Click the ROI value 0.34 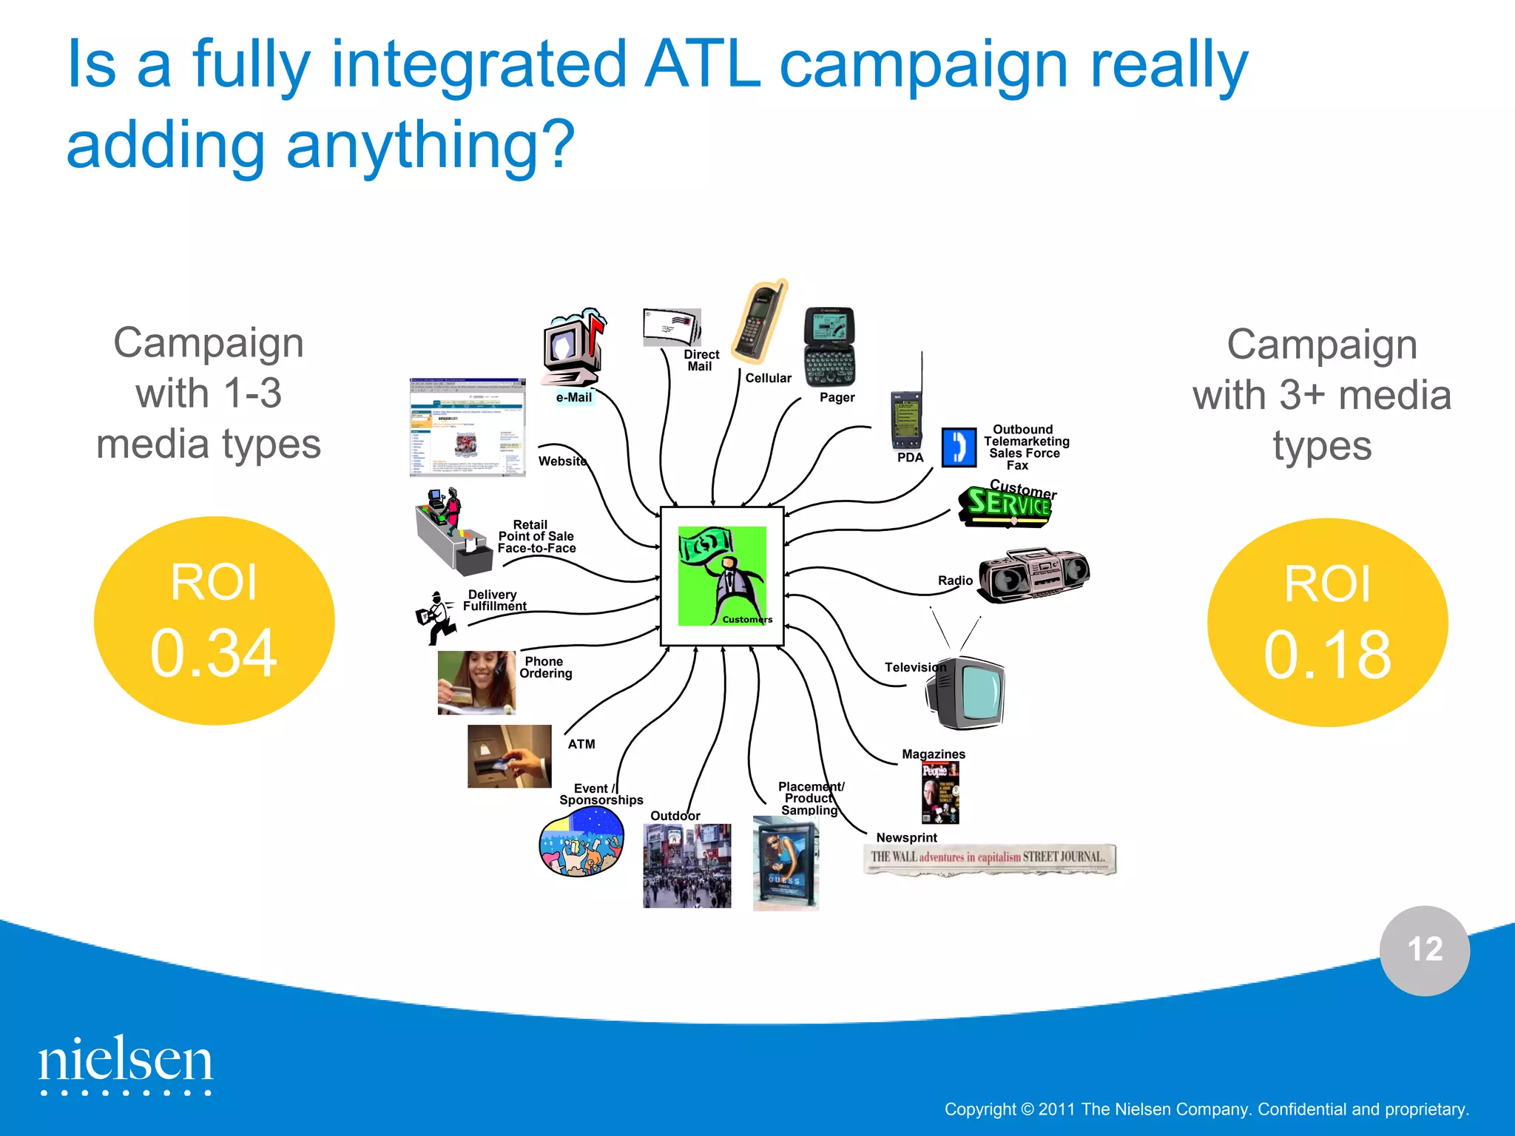pos(214,652)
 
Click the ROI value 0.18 pos(1327,655)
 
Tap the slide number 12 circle pos(1424,950)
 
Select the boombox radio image pos(1033,575)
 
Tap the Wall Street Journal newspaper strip pos(989,859)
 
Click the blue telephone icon pos(959,447)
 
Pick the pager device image pos(829,346)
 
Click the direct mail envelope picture pos(672,327)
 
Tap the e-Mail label pos(574,398)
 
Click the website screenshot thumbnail pos(468,427)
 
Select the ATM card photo pos(510,756)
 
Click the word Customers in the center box pos(747,620)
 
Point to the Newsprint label pos(906,838)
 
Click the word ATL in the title pos(702,65)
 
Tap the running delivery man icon pos(436,618)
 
